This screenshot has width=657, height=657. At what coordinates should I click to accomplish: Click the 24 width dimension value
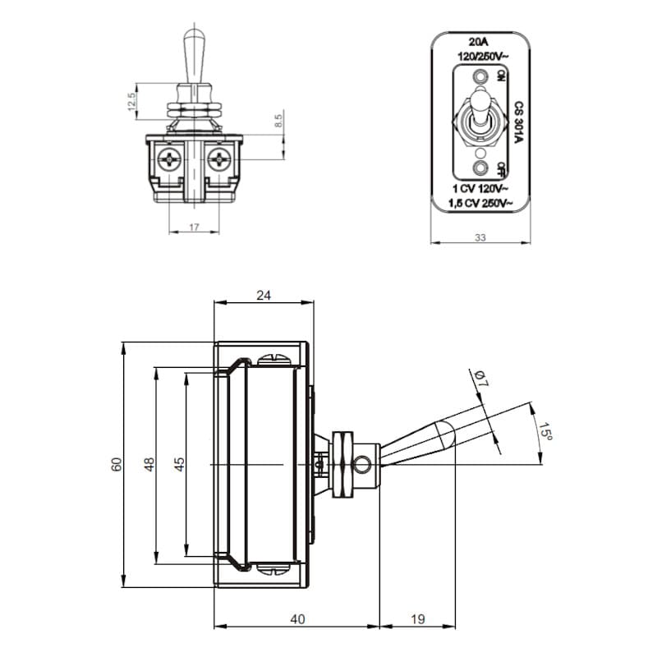(264, 296)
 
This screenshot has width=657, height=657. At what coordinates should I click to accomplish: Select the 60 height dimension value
(117, 464)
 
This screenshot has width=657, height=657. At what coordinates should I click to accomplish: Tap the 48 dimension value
(149, 464)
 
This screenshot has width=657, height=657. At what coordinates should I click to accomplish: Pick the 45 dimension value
(180, 464)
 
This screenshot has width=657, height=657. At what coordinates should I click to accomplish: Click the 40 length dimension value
(297, 619)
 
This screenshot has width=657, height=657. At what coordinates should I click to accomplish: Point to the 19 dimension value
(417, 619)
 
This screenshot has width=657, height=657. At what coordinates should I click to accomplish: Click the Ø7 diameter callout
(480, 379)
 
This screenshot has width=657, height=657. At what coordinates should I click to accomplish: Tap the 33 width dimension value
(481, 238)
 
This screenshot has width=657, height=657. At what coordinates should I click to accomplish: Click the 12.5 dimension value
(131, 103)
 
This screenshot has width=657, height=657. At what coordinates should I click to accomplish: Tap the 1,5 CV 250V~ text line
(482, 202)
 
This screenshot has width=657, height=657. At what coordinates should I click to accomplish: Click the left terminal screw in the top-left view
(170, 159)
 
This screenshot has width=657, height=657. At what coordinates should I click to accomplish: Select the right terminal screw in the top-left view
(219, 159)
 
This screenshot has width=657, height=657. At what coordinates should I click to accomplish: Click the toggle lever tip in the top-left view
(194, 36)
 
